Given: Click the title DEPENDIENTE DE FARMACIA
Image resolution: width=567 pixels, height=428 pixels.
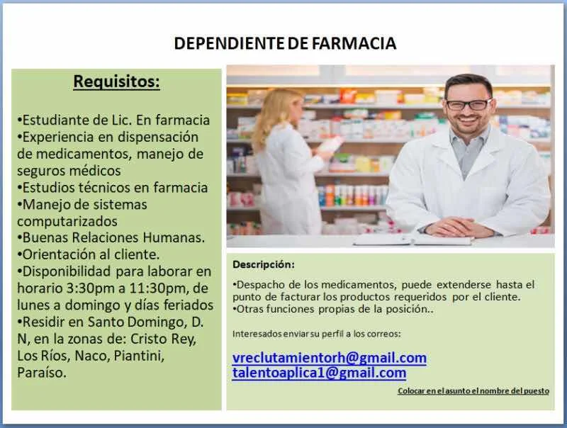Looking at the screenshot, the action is pos(285,43).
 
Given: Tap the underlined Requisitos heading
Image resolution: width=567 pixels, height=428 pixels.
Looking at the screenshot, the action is pos(116,81).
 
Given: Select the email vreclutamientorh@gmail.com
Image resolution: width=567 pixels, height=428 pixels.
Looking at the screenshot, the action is pos(330,358).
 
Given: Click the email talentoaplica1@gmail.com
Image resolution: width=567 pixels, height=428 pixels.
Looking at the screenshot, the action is pos(320,373).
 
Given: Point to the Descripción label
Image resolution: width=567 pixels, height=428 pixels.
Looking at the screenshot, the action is pos(264,264).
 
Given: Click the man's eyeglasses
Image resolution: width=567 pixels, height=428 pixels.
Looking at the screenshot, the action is pos(468,104).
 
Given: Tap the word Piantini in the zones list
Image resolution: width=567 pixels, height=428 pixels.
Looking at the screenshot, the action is pos(139,356).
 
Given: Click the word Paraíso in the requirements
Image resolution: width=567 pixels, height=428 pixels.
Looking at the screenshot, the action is pos(42,373).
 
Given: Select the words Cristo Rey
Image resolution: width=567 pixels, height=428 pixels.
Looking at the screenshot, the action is pos(163,339).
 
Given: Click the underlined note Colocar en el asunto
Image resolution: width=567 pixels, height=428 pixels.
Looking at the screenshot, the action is pos(473,390).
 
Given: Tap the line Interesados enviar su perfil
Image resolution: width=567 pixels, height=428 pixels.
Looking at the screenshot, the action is pos(317,334).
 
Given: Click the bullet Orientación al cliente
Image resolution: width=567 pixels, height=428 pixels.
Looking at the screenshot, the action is pos(88,254).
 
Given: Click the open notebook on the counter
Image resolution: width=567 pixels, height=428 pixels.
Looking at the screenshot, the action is pos(412,240).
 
